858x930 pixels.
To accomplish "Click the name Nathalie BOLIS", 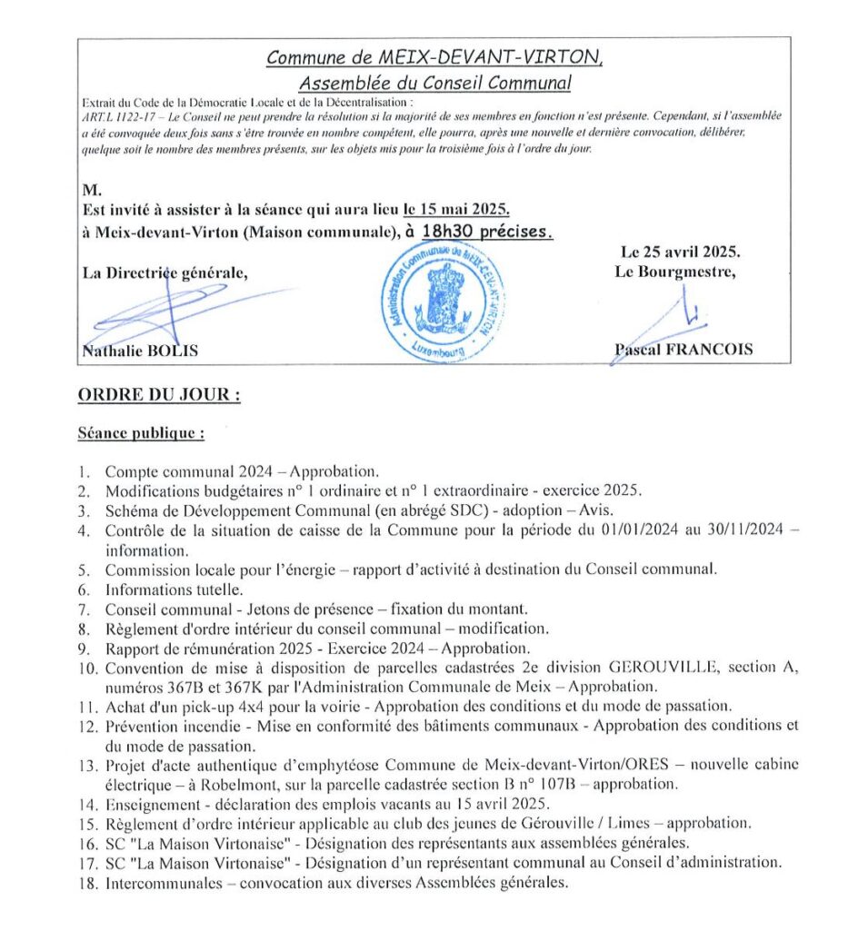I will pyautogui.click(x=140, y=351).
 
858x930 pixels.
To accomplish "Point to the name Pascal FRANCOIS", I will pyautogui.click(x=683, y=350).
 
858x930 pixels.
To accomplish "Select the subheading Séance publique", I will pyautogui.click(x=141, y=433).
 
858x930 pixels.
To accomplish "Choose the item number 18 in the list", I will pyautogui.click(x=87, y=881).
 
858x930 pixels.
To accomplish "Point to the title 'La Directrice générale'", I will pyautogui.click(x=164, y=272).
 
